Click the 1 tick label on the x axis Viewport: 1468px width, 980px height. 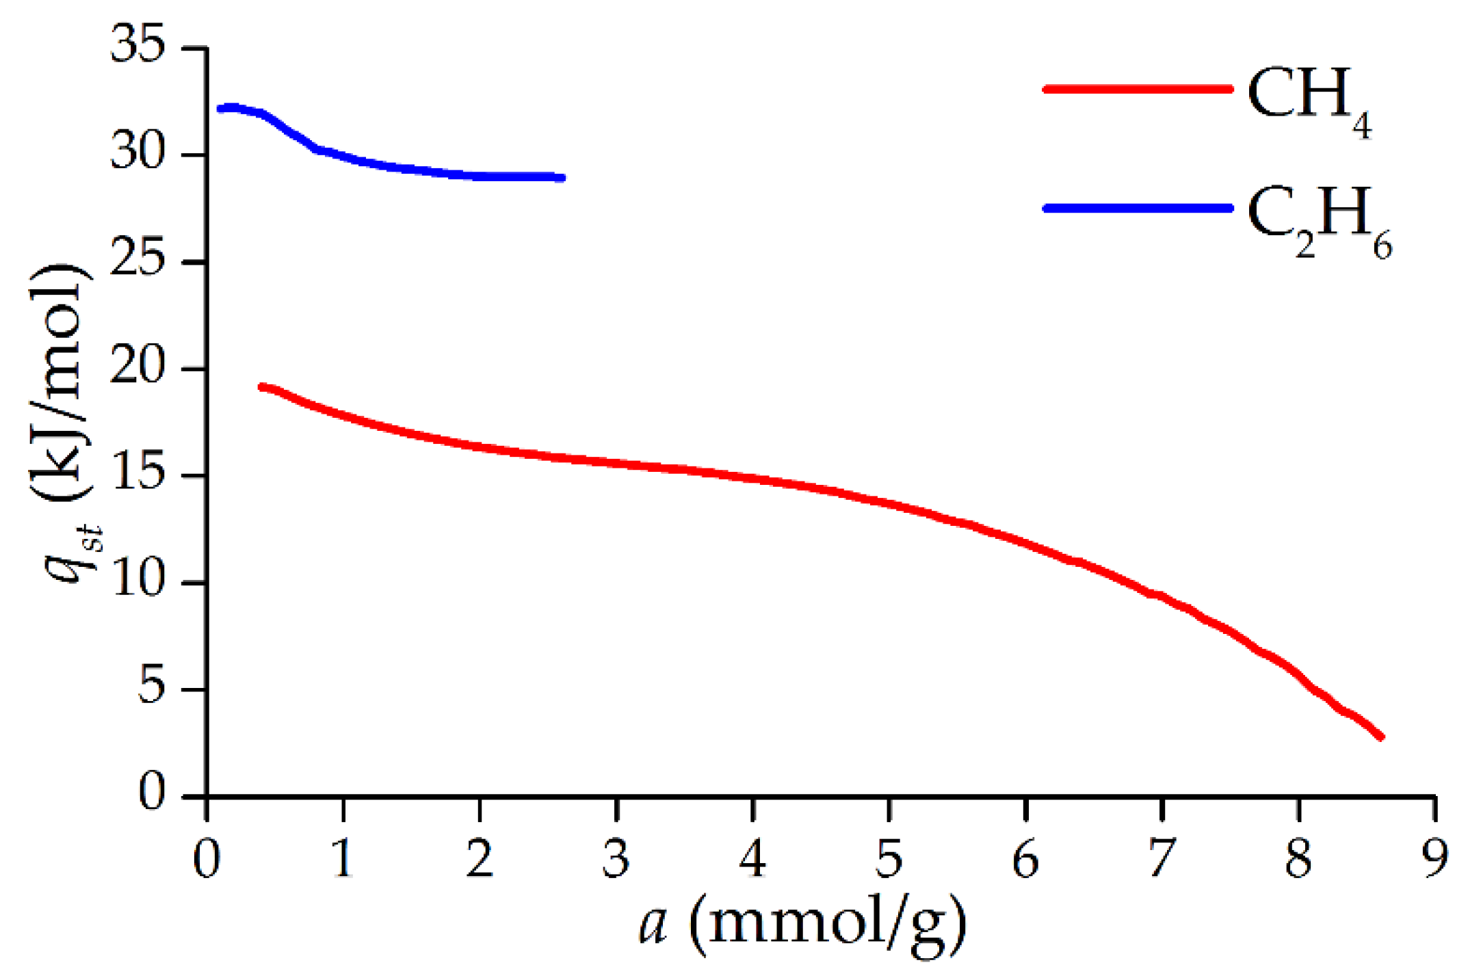tap(342, 858)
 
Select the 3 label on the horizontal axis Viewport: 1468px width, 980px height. tap(616, 858)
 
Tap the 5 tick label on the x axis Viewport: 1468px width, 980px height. tap(889, 858)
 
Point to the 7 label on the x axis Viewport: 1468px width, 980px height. tap(1162, 858)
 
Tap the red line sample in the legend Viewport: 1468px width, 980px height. tap(1138, 89)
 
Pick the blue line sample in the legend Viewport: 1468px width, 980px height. tap(1138, 208)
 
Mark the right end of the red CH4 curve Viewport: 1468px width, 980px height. tap(1381, 737)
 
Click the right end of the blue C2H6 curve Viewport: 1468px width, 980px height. tap(562, 178)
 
